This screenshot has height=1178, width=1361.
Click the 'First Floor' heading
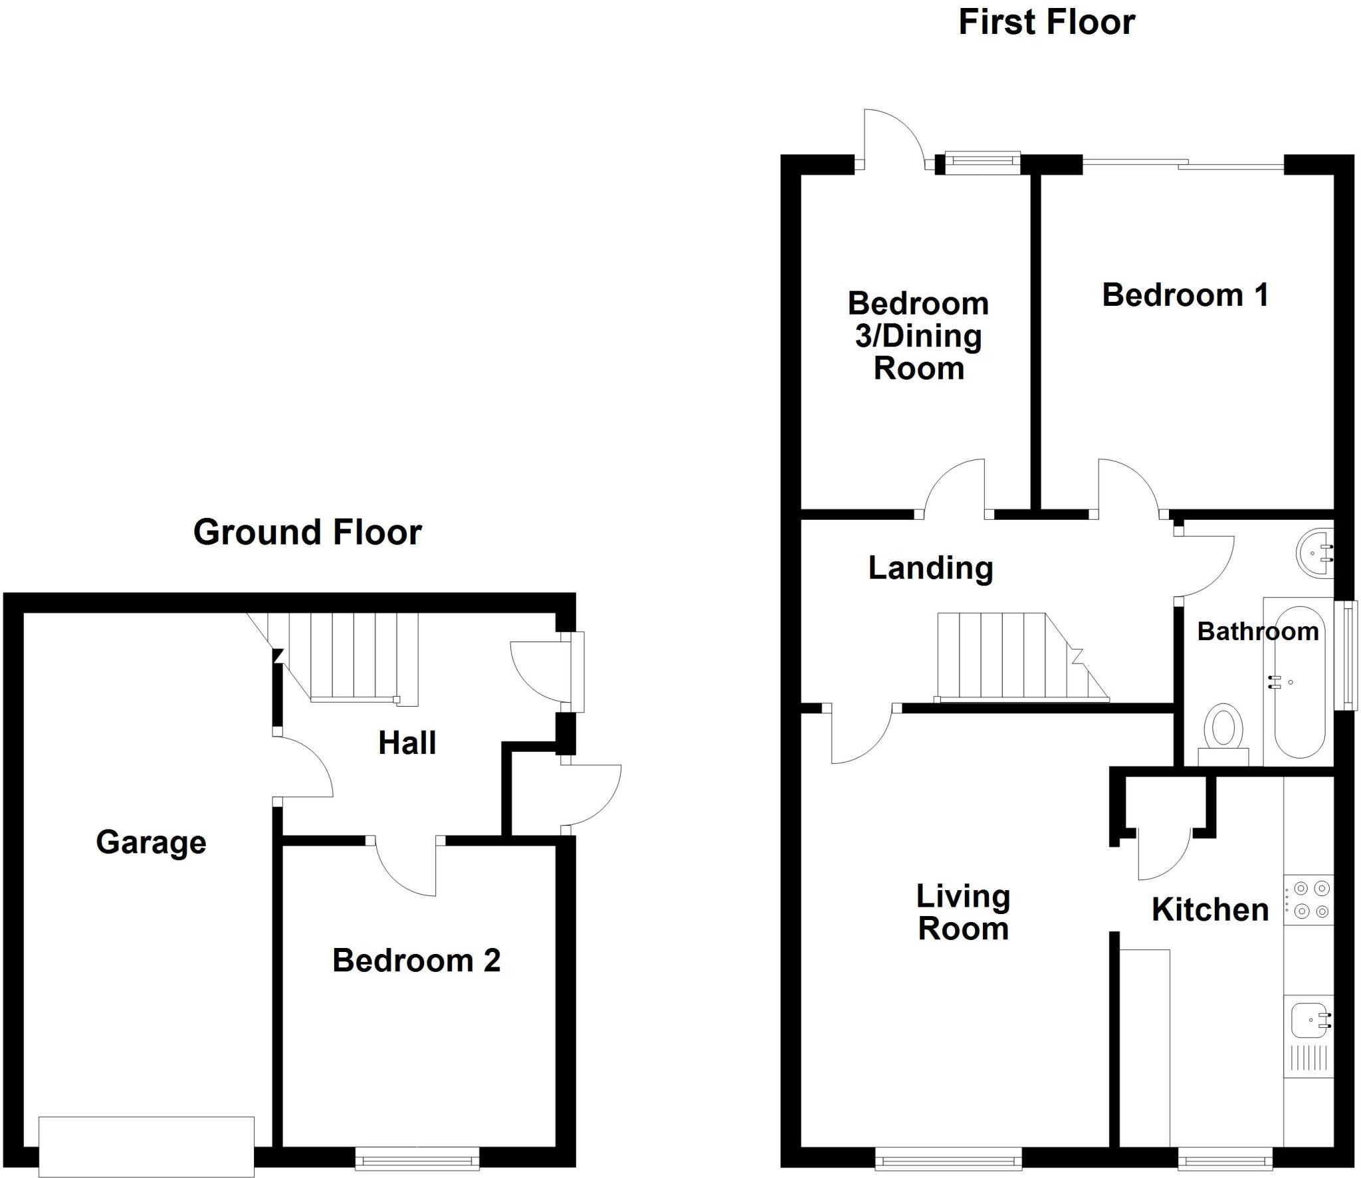1046,23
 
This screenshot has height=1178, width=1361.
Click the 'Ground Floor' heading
307,532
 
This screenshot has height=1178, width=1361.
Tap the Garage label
151,842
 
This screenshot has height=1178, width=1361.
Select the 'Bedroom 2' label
416,961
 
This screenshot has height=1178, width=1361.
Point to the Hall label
407,743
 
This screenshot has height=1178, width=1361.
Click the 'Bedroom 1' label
1185,295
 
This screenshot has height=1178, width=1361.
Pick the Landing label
930,568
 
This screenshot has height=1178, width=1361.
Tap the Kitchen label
1209,910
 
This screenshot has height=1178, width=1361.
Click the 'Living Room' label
963,912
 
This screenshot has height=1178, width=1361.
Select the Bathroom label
1257,632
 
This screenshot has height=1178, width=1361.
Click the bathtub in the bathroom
1299,681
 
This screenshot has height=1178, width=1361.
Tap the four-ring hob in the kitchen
1308,899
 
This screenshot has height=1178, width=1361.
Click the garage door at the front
146,1147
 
